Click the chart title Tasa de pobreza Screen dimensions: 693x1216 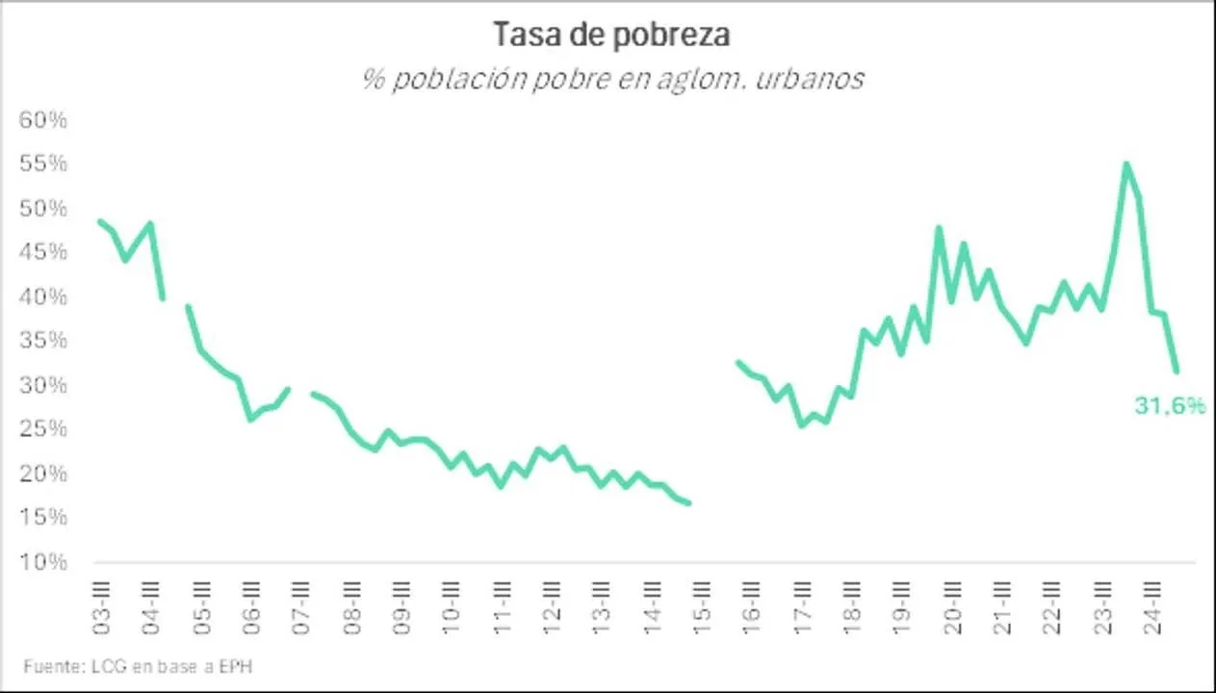coord(611,35)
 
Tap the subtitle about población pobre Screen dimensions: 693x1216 coord(612,78)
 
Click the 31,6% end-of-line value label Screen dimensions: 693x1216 coord(1169,406)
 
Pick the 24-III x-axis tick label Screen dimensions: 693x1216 coord(1151,604)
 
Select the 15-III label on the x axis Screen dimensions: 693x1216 coord(702,604)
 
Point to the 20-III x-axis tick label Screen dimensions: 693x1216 coord(952,604)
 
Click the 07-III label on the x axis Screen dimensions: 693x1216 coord(302,604)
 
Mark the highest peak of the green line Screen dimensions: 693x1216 coord(1125,165)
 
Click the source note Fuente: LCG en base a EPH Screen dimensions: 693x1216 coord(138,666)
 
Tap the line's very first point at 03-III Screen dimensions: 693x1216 coord(101,221)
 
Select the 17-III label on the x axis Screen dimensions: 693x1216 coord(802,604)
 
